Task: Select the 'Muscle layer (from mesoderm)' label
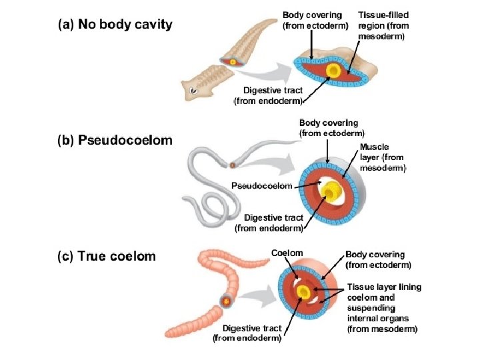382,157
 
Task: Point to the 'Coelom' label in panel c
287,253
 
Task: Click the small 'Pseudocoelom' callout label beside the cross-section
261,185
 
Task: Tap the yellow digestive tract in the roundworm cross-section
329,193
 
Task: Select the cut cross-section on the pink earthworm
227,301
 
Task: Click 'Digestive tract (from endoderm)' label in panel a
269,95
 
